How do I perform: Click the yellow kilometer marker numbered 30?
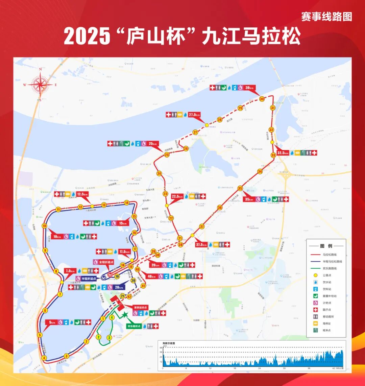(x=262, y=99)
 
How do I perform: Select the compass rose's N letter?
(x=40, y=69)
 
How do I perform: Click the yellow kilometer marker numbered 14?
(x=126, y=203)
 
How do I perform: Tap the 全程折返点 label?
(x=103, y=262)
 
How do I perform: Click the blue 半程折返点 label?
(x=86, y=279)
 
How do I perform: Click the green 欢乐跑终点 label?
(x=133, y=326)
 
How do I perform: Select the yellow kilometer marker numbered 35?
(x=240, y=188)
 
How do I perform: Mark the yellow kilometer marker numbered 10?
(x=44, y=226)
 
